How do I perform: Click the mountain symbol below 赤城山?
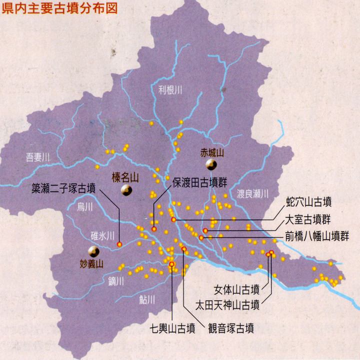pos(211,164)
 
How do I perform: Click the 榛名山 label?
pos(125,176)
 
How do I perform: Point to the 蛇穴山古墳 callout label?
pos(309,202)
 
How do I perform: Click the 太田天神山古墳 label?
pos(227,303)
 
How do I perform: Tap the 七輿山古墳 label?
pos(172,328)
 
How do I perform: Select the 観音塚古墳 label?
pos(230,328)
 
